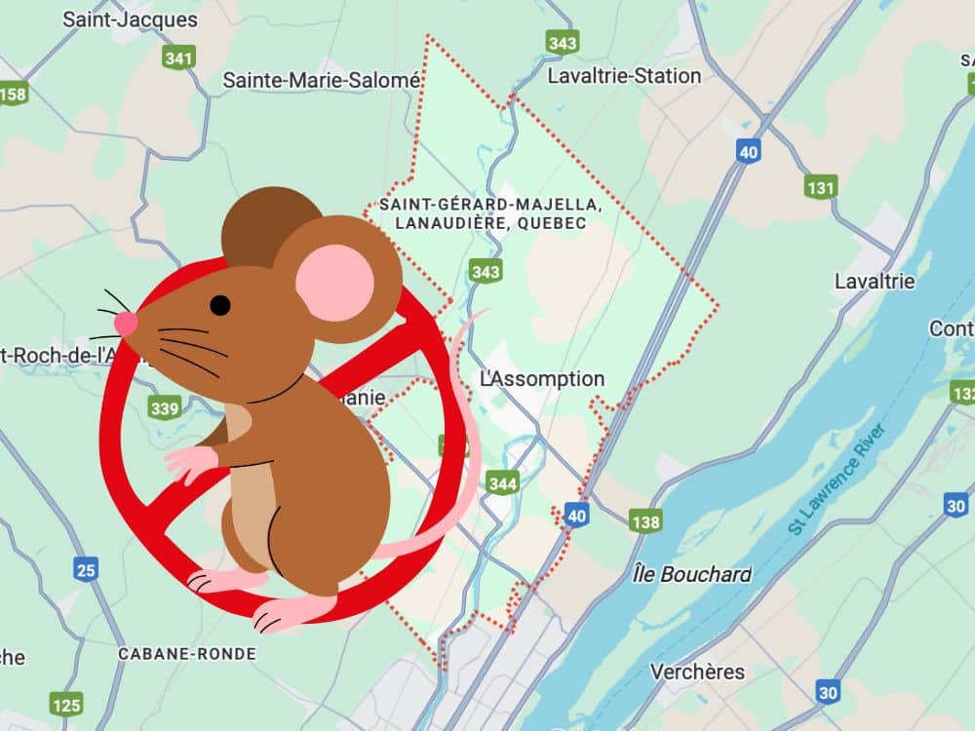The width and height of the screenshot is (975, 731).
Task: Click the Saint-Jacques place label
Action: pos(130,19)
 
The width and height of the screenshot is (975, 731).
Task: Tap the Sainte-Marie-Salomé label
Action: pos(321,80)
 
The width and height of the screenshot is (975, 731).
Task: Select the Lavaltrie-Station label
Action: pos(624,76)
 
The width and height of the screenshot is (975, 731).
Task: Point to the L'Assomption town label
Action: pos(542,378)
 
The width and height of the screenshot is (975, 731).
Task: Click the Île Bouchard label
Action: pos(691,574)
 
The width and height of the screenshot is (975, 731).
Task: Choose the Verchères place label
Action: pos(697,672)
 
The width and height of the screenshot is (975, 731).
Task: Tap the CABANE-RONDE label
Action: pos(187,654)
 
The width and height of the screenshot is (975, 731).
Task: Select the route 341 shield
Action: pos(178,58)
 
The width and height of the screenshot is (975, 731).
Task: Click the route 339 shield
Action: pos(165,406)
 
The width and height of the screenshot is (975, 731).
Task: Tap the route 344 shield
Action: pos(502,482)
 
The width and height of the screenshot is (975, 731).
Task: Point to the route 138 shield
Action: pos(645,522)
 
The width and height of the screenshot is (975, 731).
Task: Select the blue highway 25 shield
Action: pos(86,568)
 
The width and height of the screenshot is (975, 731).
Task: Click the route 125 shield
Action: pos(66,704)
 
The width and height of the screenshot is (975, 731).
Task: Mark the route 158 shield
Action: pos(13,94)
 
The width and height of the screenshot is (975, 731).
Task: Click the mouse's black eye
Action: pos(220,305)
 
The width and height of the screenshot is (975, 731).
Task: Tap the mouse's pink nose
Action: pos(126,323)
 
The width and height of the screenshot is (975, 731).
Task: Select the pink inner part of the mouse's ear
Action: pos(334,283)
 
